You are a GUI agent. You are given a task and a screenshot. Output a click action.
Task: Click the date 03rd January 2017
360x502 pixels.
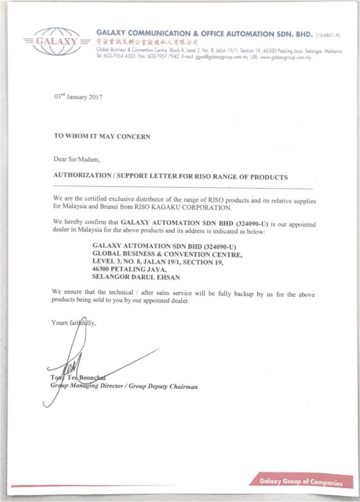point(77,97)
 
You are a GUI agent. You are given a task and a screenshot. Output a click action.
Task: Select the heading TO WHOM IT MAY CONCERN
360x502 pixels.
point(102,137)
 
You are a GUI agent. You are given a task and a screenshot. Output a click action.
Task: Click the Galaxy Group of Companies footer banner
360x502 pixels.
point(301,482)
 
